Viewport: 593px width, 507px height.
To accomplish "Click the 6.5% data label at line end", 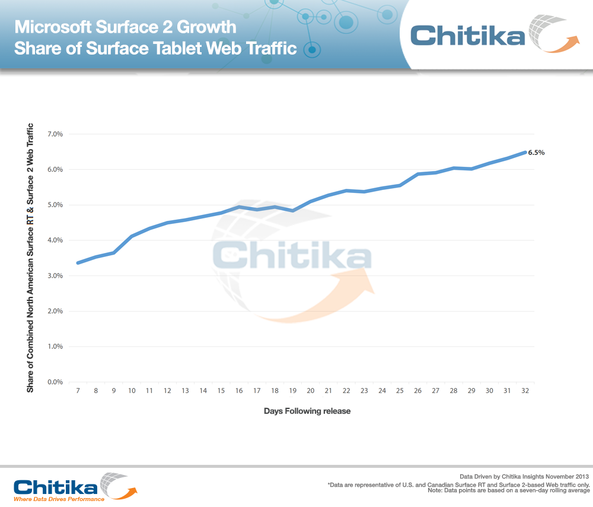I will click(x=536, y=153).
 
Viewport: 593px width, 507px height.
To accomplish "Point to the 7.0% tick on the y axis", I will click(x=55, y=134).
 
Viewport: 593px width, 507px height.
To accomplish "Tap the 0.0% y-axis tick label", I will click(x=55, y=382).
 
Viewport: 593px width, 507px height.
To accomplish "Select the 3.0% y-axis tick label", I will click(x=55, y=275).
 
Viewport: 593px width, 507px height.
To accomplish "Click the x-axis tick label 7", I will click(x=78, y=391).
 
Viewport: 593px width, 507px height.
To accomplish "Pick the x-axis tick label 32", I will click(x=525, y=391).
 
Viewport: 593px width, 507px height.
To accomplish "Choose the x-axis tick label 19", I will click(x=292, y=391).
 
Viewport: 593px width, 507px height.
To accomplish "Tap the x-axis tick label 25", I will click(x=400, y=391).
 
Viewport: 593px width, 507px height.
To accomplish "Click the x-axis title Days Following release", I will click(x=307, y=411).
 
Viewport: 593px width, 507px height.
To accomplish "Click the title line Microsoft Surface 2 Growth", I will click(x=125, y=27).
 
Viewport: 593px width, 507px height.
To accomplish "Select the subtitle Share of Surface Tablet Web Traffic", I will click(x=155, y=48).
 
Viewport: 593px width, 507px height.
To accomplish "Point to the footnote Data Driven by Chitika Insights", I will click(x=524, y=476).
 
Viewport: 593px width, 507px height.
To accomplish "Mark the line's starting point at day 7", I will click(x=78, y=262).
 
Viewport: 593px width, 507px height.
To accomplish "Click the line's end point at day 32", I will click(x=524, y=153).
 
